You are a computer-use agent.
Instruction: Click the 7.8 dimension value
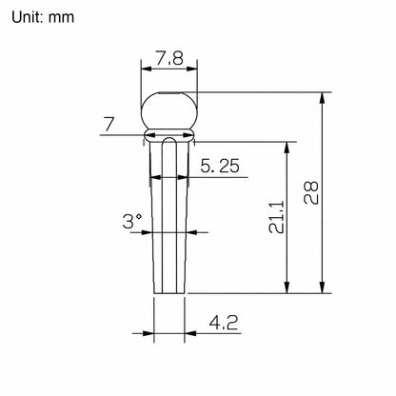169,58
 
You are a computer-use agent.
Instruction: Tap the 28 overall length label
311,192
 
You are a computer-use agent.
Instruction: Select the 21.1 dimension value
276,217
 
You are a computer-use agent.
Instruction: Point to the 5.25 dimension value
220,166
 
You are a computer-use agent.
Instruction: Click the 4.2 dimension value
224,323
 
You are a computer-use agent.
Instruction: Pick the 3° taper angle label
132,221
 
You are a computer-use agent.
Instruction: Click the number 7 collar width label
109,124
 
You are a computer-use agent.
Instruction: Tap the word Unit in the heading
28,17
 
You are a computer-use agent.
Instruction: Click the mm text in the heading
62,18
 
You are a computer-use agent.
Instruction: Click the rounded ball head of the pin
169,110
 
